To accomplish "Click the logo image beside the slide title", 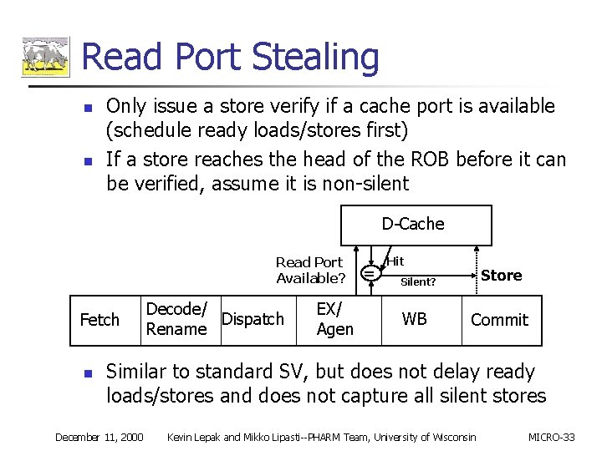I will (45, 58).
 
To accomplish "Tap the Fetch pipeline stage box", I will (99, 320).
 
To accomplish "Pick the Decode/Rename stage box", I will (176, 320).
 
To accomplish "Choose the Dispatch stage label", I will (253, 319).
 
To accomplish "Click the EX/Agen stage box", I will (335, 320).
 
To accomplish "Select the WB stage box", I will (415, 319).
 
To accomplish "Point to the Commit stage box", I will (499, 320).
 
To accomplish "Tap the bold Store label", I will (502, 276).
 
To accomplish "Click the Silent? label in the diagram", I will (418, 282).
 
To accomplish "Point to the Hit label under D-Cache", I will (395, 261).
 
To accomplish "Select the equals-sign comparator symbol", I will (369, 271).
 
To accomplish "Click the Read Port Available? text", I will (310, 270).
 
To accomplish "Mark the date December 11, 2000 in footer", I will (99, 437).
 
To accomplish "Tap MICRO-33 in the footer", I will (552, 437).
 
